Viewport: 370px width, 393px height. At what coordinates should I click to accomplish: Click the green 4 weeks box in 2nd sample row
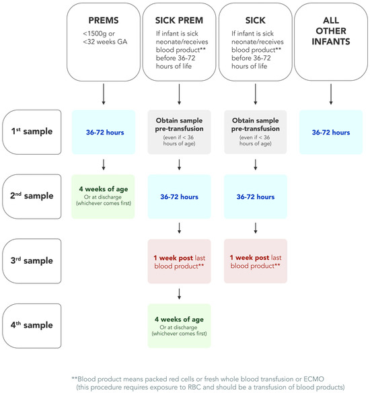(x=104, y=195)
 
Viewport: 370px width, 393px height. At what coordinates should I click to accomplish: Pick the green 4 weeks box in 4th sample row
(x=180, y=324)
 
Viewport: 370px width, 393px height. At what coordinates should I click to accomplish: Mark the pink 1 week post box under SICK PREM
(x=180, y=260)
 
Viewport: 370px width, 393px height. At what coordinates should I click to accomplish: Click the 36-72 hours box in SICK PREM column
(x=180, y=196)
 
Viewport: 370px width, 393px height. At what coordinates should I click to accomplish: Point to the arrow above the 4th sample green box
(x=180, y=293)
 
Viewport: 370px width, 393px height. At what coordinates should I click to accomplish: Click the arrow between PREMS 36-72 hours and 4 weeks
(x=104, y=164)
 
